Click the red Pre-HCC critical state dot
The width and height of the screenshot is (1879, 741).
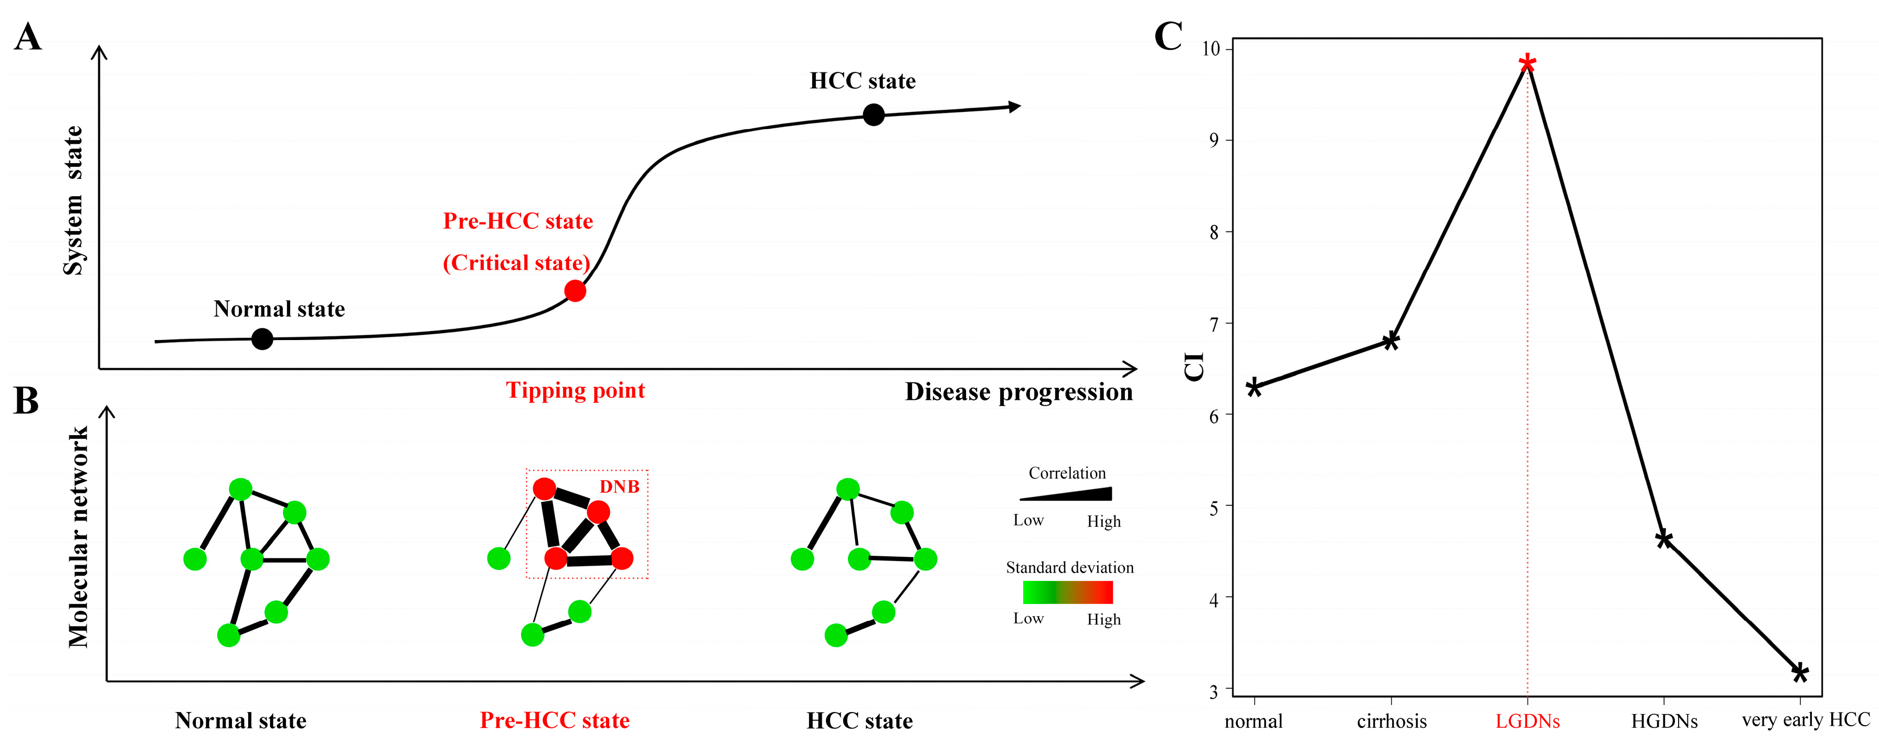575,291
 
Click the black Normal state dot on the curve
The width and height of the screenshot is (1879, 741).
262,338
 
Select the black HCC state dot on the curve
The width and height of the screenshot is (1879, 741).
873,114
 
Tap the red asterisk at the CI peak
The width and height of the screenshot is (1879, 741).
1527,63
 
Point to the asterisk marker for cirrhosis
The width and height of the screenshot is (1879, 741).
1391,341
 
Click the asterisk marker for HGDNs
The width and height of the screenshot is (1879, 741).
1664,539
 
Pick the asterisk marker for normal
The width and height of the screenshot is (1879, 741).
1254,387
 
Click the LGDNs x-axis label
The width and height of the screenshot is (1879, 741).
1527,721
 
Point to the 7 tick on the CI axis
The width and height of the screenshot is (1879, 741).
1214,324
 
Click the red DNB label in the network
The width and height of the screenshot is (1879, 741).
619,486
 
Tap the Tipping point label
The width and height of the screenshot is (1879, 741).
576,390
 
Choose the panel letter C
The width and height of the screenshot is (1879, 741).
1168,36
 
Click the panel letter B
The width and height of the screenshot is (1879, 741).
26,400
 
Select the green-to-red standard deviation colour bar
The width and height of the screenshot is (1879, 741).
1068,592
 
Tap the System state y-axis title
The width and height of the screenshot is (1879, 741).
73,200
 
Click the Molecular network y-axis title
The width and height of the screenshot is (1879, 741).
78,537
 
